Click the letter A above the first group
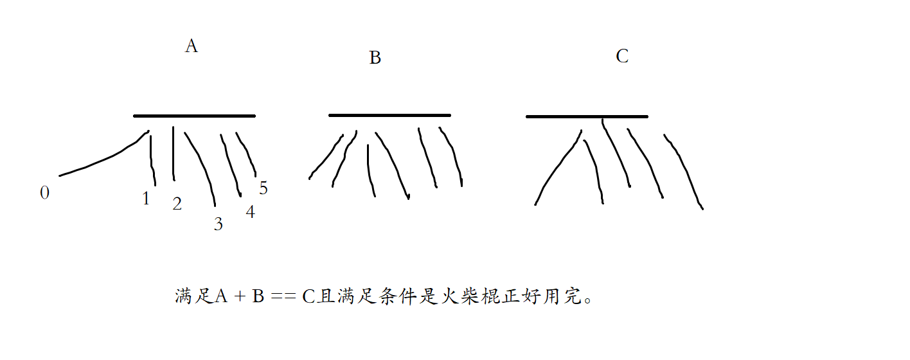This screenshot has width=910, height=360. coord(191,46)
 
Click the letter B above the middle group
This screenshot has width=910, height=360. coord(375,58)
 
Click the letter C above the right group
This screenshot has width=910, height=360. coord(621,57)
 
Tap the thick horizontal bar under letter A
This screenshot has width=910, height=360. coord(194,116)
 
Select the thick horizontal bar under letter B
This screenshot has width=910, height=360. coord(389,116)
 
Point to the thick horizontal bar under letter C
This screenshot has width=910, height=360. coord(587,117)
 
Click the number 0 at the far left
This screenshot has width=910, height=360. coord(44,193)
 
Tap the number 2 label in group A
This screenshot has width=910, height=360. coord(177,204)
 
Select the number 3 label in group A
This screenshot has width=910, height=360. coord(219,224)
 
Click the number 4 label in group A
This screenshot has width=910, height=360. coord(250,212)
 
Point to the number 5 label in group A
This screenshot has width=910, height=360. coord(263,188)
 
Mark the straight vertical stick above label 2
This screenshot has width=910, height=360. coord(174,154)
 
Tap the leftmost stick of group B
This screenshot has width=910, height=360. coord(326,157)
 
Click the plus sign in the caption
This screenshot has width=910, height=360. coord(238,297)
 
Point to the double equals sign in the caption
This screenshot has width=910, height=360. coord(283,297)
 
